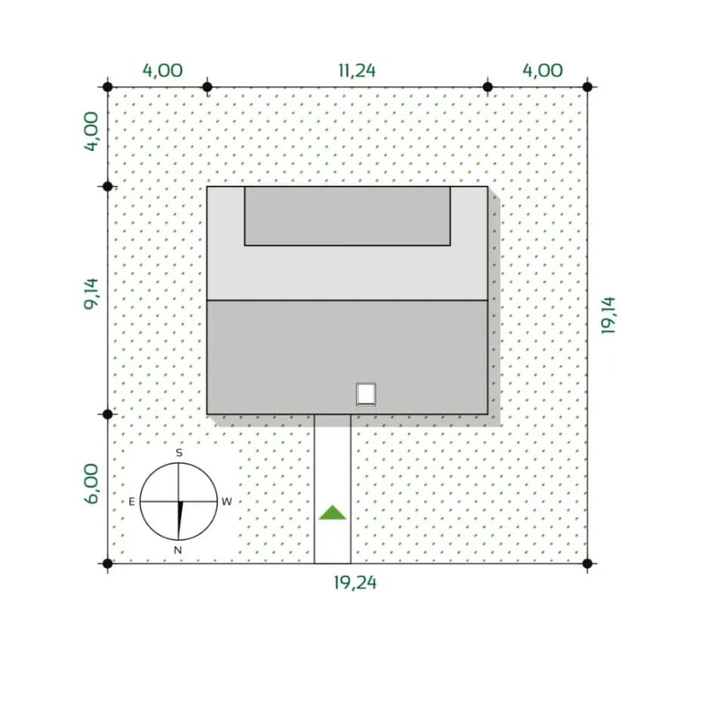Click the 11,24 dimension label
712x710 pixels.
click(357, 71)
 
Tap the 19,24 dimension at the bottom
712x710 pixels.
click(355, 583)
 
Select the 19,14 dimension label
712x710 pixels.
click(608, 315)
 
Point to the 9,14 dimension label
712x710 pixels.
click(91, 294)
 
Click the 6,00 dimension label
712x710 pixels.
click(91, 483)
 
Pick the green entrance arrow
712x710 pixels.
click(333, 512)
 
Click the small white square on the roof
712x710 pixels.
click(366, 394)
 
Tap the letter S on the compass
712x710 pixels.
click(179, 452)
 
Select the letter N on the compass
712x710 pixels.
click(178, 551)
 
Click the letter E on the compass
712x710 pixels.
click(132, 502)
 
